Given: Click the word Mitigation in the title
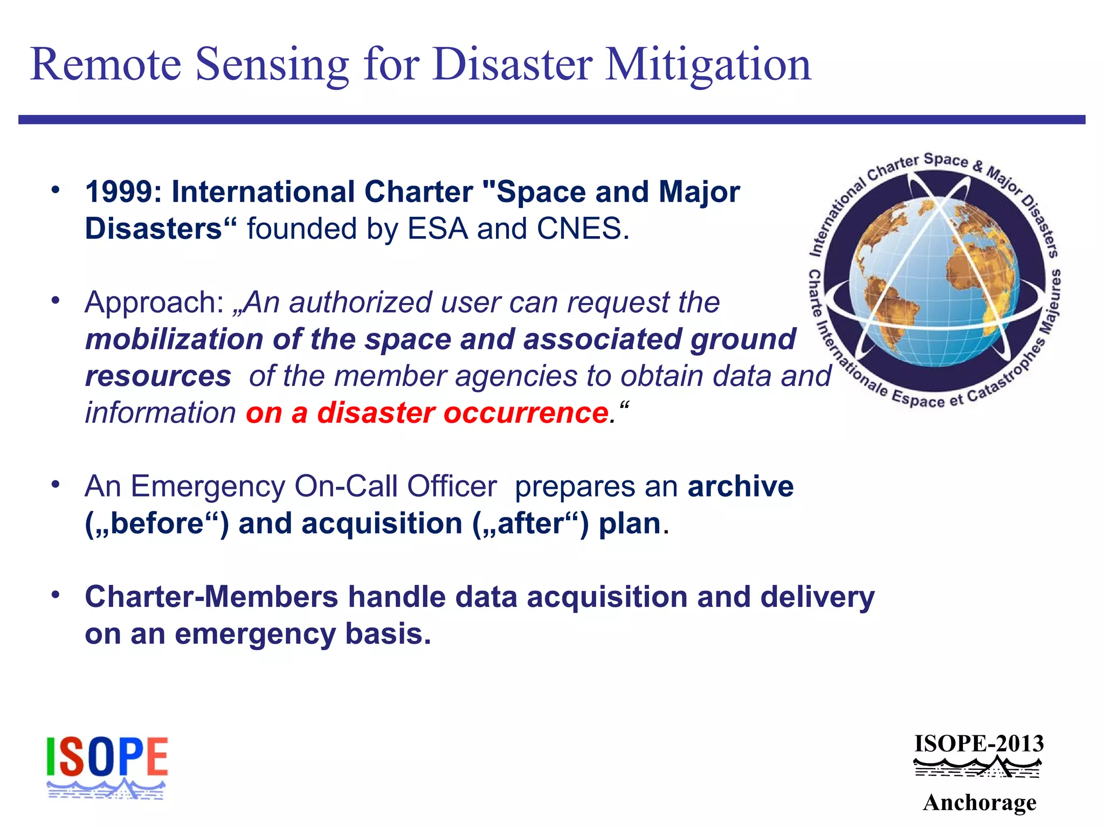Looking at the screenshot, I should click(708, 65).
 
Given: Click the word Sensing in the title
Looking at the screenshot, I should click(272, 65).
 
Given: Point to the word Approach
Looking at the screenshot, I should click(149, 302).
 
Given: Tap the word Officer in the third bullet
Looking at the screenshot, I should click(451, 486).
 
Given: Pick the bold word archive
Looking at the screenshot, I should click(740, 486).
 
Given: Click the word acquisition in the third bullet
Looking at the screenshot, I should click(382, 523).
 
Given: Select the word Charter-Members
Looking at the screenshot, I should click(211, 597).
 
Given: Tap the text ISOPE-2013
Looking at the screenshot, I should click(979, 744).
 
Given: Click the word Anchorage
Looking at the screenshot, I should click(979, 803).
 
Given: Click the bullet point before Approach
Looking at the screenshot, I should click(55, 300).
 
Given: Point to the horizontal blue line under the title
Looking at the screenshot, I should click(551, 120).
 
